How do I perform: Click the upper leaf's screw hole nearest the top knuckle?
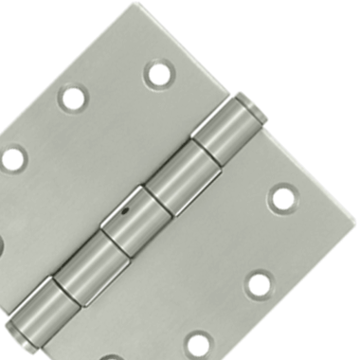tap(156, 74)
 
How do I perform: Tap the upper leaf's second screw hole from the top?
tap(73, 98)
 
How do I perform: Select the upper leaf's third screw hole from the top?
tap(12, 157)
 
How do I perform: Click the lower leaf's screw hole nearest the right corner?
tap(281, 198)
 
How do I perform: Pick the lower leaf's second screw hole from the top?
tap(259, 283)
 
